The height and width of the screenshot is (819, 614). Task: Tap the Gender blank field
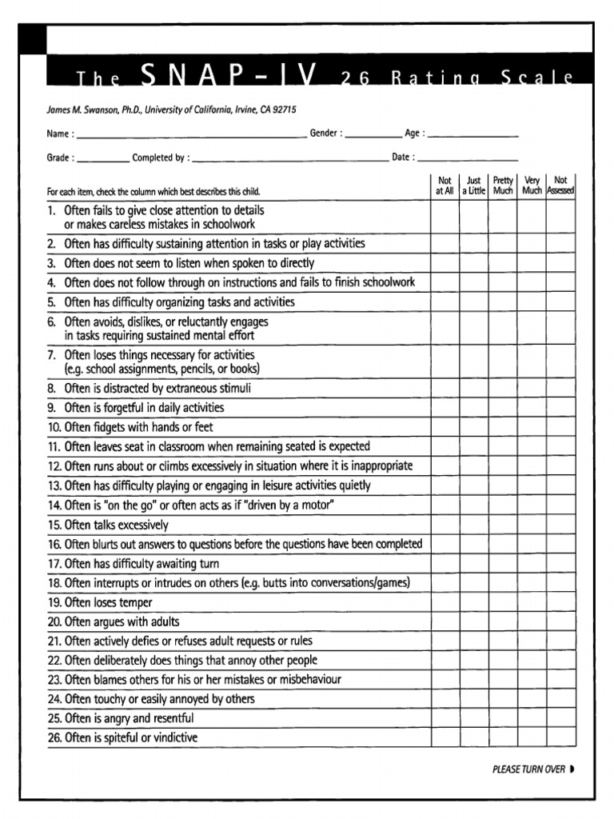373,134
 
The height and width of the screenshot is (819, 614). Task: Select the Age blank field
472,134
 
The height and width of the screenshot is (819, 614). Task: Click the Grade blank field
103,158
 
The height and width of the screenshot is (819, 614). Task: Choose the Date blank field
468,158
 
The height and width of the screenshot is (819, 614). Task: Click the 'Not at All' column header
445,186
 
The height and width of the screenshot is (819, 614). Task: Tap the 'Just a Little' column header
473,186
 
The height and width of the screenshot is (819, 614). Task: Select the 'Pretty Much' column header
503,186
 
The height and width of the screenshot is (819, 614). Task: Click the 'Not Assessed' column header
560,186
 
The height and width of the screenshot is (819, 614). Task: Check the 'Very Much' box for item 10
532,428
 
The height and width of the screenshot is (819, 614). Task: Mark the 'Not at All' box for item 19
445,602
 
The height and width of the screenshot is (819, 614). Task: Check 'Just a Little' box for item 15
473,525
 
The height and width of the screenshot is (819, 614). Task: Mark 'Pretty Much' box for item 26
503,737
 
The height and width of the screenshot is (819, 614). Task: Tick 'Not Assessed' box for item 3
560,263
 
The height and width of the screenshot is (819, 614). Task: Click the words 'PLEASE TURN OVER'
528,769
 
